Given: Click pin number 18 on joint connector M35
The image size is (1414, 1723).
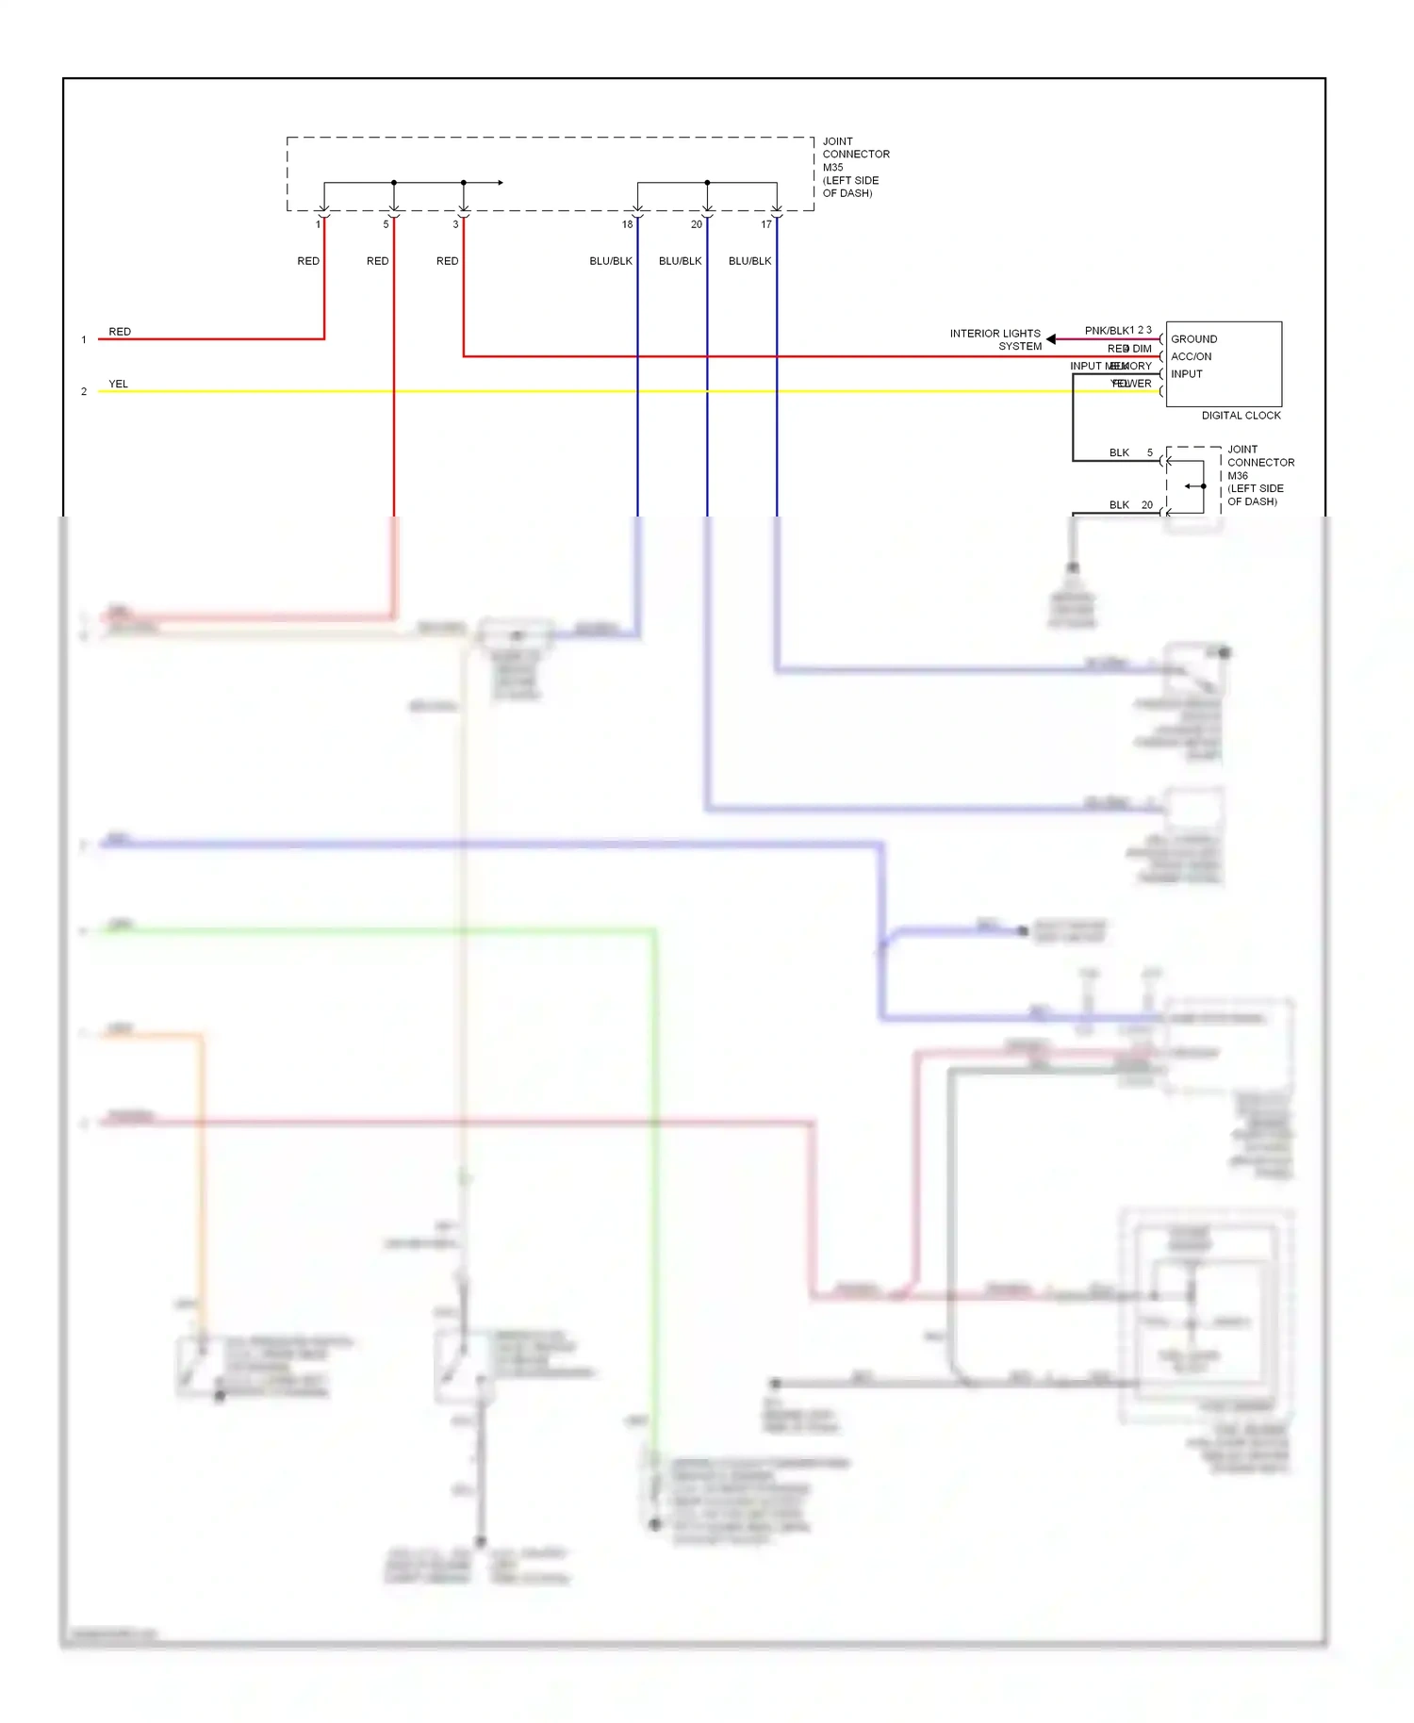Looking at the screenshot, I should coord(627,224).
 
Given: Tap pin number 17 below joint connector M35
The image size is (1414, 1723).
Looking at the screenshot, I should coord(766,224).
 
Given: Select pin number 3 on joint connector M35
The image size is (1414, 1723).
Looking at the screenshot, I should coord(455,224).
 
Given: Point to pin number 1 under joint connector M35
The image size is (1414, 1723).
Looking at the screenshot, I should coord(318,224).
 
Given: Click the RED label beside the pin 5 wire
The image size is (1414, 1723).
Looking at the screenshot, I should coord(377,261).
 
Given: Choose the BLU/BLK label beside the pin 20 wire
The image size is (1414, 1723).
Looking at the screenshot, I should coord(680,261).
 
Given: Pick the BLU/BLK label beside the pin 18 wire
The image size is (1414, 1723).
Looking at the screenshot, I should coord(610,261).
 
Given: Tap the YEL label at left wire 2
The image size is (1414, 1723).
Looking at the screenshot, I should coord(118,384).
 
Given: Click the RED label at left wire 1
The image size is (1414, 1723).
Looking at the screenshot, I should coord(120,332).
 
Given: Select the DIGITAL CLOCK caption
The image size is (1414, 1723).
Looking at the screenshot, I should coord(1241,416).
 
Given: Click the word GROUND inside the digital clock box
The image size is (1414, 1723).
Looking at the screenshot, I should coord(1193,339).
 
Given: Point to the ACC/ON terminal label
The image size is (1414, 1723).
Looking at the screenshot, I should coord(1191,356).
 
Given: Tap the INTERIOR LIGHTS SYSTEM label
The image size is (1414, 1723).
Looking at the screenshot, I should coord(995,340).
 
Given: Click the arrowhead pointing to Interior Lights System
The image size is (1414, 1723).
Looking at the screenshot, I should coord(1051,339).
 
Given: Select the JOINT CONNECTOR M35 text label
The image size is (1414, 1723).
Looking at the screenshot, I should coord(855,167).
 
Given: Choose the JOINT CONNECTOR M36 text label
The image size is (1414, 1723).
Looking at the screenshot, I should coord(1259,475).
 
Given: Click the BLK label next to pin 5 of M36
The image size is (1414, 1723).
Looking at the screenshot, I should coord(1119,453).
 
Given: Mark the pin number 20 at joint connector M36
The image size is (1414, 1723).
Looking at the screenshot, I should coord(1147,505).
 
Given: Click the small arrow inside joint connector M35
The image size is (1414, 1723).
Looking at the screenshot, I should coord(500,183).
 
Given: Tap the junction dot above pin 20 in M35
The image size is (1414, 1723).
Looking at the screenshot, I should coord(707,183).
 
